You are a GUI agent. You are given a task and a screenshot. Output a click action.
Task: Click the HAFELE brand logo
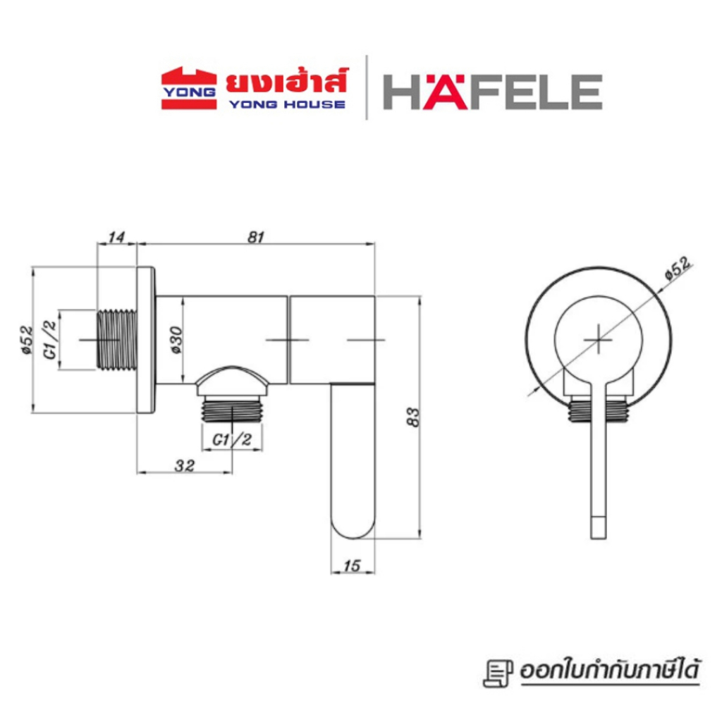492,92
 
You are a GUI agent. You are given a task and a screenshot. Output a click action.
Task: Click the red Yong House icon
188,89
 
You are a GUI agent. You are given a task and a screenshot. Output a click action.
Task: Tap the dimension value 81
256,238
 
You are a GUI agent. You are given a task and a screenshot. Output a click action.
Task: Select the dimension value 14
116,238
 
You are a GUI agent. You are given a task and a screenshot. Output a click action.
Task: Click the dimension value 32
185,465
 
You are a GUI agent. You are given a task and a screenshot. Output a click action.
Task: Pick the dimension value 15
353,565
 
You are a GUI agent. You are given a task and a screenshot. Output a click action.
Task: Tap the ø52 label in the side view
27,340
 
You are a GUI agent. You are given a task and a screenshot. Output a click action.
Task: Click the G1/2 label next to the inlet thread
51,340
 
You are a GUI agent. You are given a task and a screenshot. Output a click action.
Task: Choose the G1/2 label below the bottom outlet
232,440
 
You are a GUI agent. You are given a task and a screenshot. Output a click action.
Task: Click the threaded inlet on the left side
116,340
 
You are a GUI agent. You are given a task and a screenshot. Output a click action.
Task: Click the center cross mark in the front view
597,338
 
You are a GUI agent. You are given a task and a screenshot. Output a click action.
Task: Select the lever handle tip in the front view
597,527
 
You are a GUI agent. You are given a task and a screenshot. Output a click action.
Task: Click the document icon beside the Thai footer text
498,673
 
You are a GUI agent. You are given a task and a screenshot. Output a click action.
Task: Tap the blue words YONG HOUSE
286,104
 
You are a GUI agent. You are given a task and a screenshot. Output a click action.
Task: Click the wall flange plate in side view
146,340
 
